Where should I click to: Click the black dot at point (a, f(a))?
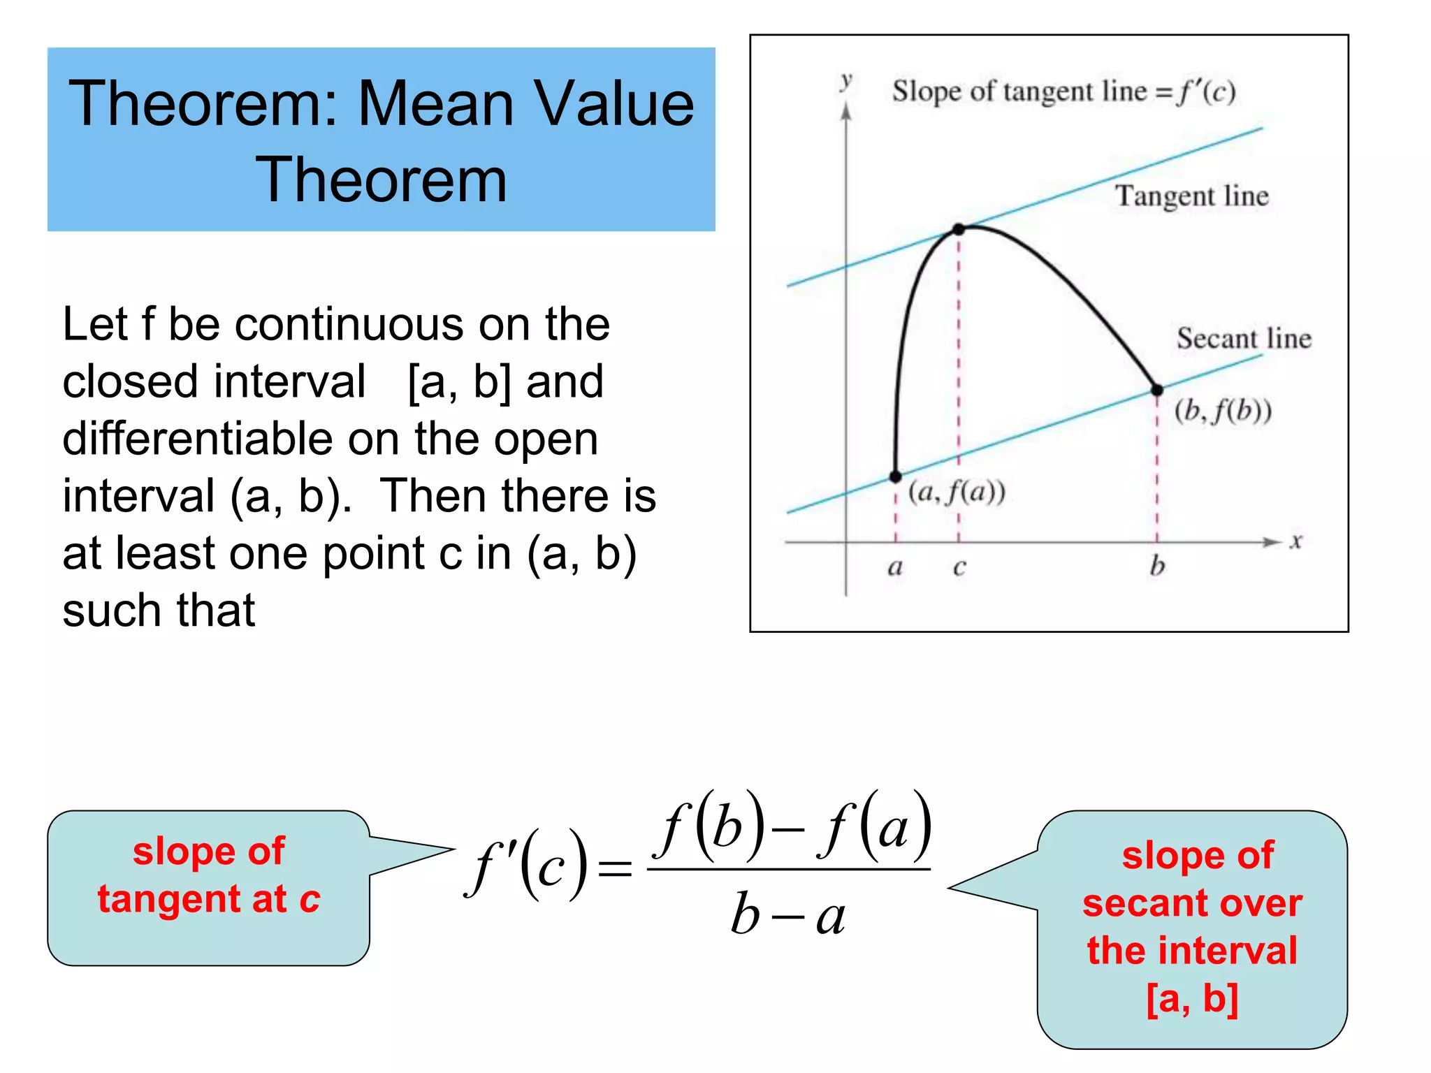pos(895,477)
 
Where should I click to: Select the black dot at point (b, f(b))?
pos(1157,390)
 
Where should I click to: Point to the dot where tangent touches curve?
pos(959,229)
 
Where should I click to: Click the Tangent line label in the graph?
pos(1191,196)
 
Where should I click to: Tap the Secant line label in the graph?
pos(1244,339)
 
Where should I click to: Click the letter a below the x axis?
pos(895,567)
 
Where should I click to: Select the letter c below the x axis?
pos(959,567)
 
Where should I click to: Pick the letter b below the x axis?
pos(1157,566)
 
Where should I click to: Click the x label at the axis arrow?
pos(1296,541)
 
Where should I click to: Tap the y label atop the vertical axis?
pos(846,80)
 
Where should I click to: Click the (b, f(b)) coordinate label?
pos(1223,411)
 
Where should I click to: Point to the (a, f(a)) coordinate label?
pos(957,493)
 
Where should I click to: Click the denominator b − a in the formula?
pos(788,915)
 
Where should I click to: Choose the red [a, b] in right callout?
pos(1192,998)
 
